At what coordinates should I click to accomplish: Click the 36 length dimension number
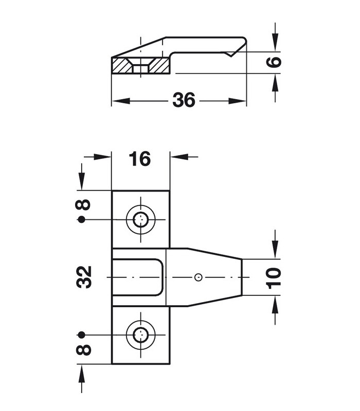coord(184,100)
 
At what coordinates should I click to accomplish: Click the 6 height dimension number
coord(274,62)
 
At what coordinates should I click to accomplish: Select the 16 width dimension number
coord(140,159)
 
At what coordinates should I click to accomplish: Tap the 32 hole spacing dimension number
coord(84,277)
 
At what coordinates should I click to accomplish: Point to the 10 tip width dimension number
coord(274,278)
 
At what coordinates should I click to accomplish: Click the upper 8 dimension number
coord(83,204)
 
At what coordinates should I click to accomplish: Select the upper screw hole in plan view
coord(140,219)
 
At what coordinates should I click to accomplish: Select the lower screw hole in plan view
coord(140,335)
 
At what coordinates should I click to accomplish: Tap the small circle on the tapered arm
coord(199,277)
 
